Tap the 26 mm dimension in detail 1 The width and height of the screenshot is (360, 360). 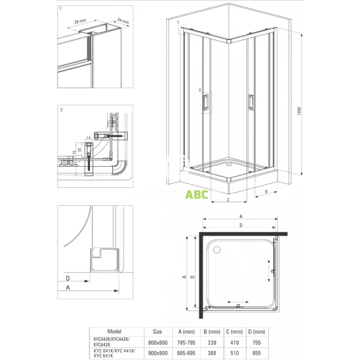[x=79, y=22]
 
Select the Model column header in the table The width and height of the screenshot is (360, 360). [x=113, y=330]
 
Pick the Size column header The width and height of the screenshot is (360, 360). [x=157, y=330]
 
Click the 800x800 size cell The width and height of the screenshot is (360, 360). [x=157, y=340]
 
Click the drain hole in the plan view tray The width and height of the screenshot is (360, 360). [x=217, y=246]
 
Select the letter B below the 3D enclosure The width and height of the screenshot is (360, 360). [x=265, y=192]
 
